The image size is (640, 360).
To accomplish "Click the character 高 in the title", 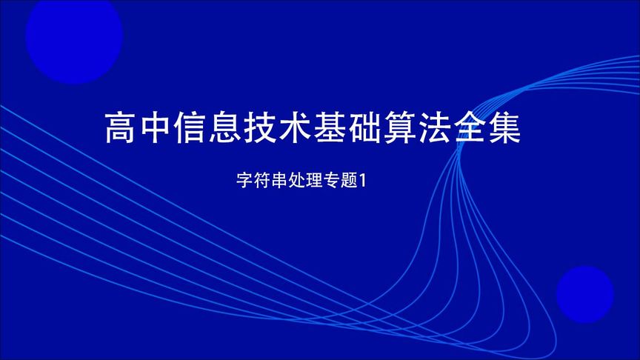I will point(121,127).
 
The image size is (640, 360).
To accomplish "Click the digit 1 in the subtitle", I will point(363,180).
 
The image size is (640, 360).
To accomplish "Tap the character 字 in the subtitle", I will point(243,180).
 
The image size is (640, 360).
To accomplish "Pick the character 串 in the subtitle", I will point(277,180).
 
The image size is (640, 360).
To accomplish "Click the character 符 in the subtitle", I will point(260,180).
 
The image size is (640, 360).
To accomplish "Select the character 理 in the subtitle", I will point(312,180).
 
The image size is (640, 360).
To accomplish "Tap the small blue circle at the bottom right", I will point(584,294).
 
